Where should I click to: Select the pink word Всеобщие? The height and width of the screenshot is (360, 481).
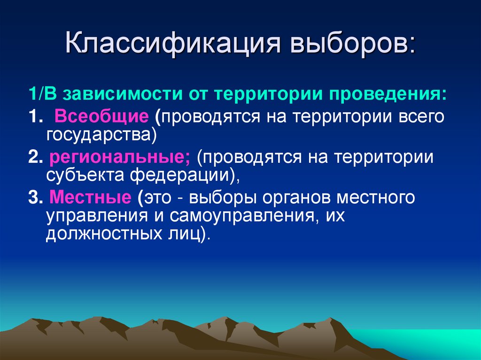(x=102, y=116)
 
